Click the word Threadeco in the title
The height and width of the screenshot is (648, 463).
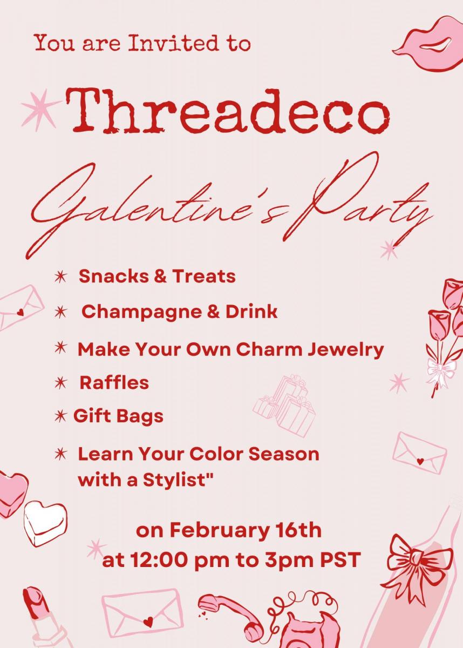pos(228,111)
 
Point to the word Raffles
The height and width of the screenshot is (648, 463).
pos(114,383)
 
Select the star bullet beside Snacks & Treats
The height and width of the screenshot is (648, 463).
pos(60,277)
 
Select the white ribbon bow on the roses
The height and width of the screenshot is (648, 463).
pos(441,372)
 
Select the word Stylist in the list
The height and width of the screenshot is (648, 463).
pos(178,480)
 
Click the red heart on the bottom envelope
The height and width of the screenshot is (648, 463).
pos(148,620)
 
